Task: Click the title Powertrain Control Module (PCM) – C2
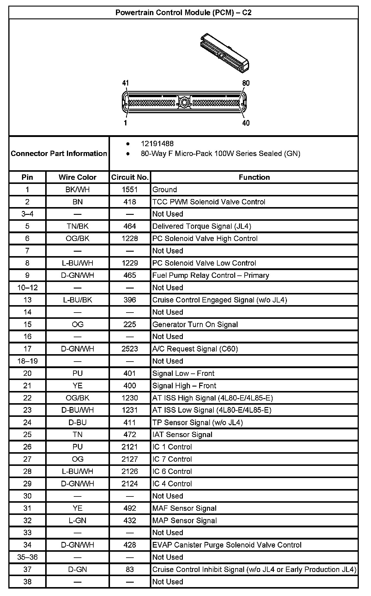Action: [183, 12]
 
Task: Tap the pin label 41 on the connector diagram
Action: [126, 83]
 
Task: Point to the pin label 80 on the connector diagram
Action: [246, 83]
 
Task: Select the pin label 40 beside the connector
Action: [246, 123]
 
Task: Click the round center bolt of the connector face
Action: [184, 103]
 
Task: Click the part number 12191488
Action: [157, 144]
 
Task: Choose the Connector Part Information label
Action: [59, 154]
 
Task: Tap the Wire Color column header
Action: [78, 177]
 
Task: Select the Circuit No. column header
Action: [130, 177]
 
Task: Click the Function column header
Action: [254, 177]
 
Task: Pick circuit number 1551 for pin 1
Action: [130, 190]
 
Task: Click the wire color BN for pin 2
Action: [78, 202]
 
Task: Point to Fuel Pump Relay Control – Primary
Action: [210, 275]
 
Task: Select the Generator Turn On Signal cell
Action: [195, 324]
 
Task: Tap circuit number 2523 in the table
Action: [130, 349]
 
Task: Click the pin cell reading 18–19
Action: [27, 361]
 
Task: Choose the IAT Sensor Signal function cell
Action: [182, 435]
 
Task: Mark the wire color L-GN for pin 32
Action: [78, 521]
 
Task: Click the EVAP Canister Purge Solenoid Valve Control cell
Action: [227, 545]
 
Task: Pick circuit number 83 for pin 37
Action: [130, 570]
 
